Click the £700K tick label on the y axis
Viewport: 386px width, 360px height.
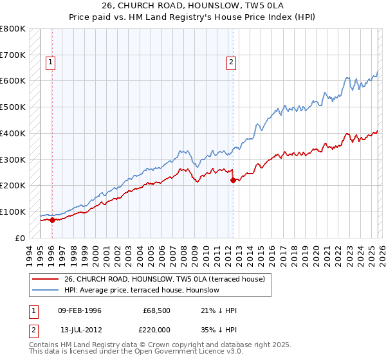(x=13, y=55)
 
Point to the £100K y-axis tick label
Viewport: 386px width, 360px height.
(x=13, y=212)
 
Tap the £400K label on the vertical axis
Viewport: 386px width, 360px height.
(x=13, y=133)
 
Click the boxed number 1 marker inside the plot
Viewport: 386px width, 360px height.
(x=51, y=62)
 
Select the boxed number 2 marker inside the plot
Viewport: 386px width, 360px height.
(x=231, y=62)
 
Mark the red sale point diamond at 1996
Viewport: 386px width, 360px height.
(x=52, y=220)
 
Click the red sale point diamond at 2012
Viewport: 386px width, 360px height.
(x=233, y=181)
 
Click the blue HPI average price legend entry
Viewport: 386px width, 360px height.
(x=142, y=291)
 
